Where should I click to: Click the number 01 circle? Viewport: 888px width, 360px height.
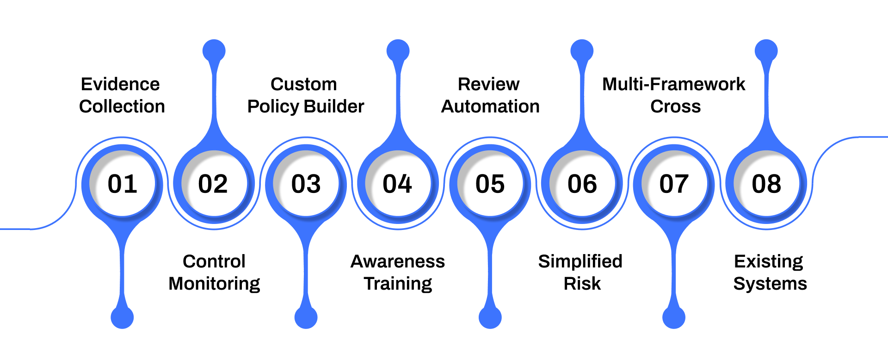tap(122, 184)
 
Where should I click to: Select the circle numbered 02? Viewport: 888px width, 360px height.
tap(214, 184)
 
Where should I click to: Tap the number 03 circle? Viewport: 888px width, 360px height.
tap(306, 184)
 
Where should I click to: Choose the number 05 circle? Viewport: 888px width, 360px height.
tap(490, 184)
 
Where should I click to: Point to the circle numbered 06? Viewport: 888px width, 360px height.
tap(582, 184)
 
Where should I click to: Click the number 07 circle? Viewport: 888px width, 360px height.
tap(674, 184)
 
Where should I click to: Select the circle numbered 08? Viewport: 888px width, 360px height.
tap(766, 184)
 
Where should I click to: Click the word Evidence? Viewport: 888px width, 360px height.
tap(120, 84)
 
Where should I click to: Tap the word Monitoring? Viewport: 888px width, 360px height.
tap(214, 284)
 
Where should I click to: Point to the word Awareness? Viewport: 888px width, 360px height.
tap(398, 261)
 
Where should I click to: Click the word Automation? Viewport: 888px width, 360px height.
tap(490, 106)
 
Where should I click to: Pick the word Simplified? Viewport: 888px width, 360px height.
tap(580, 261)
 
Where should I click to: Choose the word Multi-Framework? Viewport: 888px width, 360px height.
tap(673, 84)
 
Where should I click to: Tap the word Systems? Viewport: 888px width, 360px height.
tap(770, 284)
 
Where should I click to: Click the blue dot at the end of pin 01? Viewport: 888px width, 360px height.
tap(122, 317)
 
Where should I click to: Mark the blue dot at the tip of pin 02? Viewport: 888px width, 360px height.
tap(214, 50)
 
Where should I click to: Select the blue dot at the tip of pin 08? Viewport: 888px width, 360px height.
tap(766, 50)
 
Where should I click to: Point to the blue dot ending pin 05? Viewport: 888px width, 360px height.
tap(490, 317)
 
